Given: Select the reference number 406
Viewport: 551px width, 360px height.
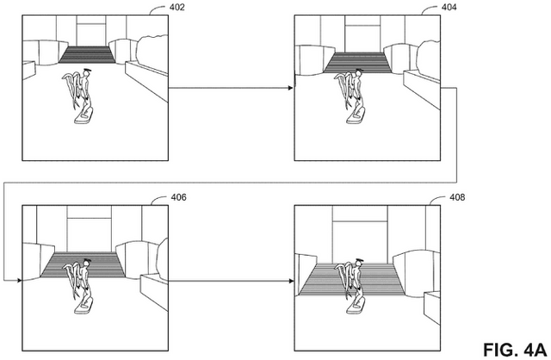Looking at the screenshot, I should [x=178, y=197].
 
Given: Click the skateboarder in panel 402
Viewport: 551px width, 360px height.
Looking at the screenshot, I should [x=81, y=96].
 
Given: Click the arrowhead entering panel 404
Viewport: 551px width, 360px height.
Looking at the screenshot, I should [x=290, y=88].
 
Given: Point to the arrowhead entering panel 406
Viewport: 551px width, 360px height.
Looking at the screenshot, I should [x=17, y=280].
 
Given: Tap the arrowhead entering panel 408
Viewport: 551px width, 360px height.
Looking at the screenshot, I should [x=290, y=280].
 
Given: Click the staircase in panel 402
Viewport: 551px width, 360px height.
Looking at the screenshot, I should [x=86, y=55].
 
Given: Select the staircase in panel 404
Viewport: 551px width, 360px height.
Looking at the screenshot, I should [x=358, y=62].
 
